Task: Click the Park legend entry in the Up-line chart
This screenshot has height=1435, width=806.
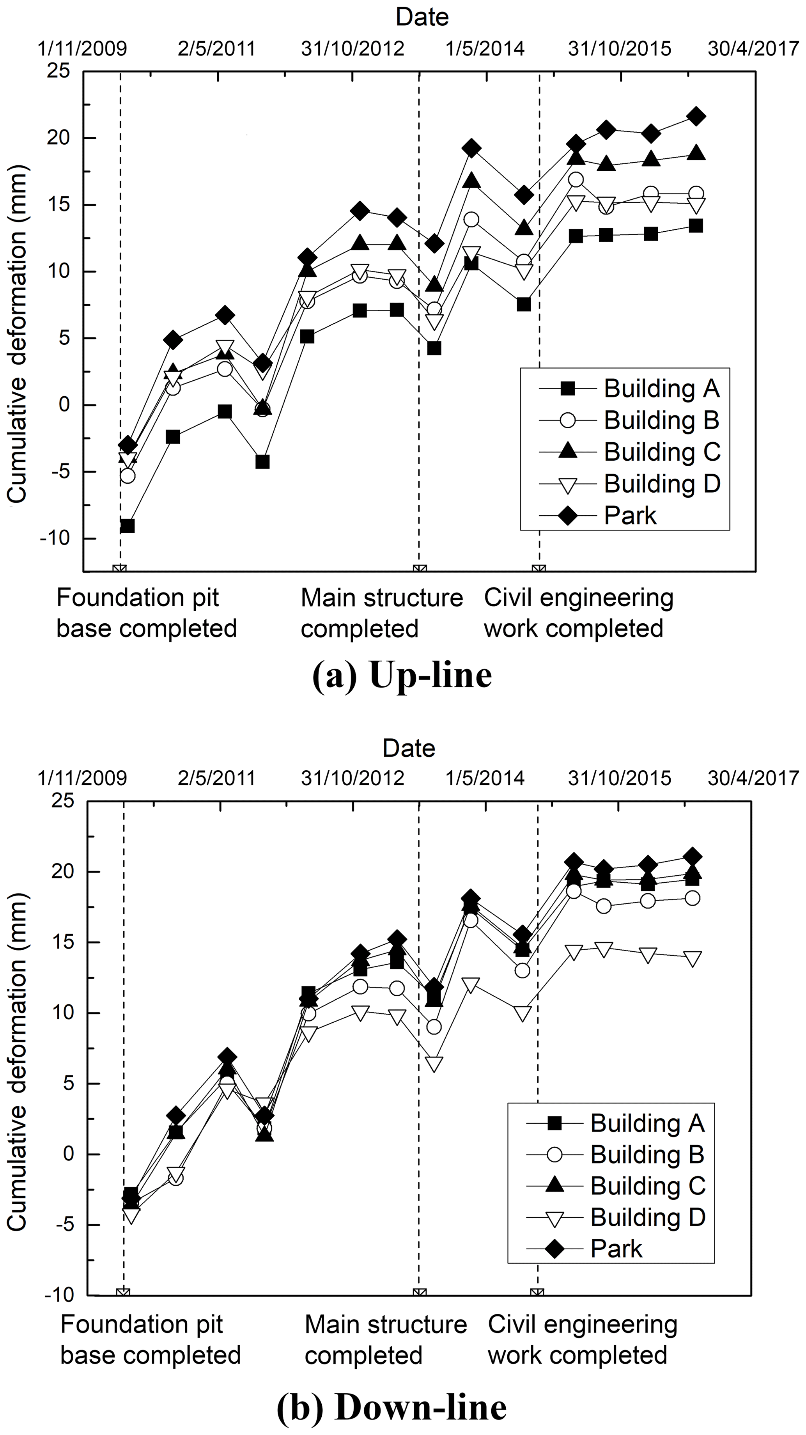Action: (629, 516)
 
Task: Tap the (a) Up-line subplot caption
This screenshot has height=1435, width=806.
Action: (402, 676)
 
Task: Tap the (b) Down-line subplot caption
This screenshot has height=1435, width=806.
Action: (391, 1407)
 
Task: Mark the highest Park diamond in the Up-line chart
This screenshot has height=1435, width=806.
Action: (696, 116)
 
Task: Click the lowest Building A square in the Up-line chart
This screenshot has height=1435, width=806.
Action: (127, 526)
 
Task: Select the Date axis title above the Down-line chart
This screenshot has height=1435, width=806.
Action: (408, 748)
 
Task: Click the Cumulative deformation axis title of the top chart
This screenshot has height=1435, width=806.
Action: (17, 334)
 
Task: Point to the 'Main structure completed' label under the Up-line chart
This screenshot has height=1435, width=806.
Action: (382, 613)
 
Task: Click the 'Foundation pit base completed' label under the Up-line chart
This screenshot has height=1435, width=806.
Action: (146, 613)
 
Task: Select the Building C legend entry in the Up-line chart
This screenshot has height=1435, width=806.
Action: (662, 452)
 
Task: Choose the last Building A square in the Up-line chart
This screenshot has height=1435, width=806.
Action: (695, 225)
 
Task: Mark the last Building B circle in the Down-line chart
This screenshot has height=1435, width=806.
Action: (693, 898)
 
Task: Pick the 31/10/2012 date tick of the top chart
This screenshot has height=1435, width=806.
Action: (352, 49)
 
